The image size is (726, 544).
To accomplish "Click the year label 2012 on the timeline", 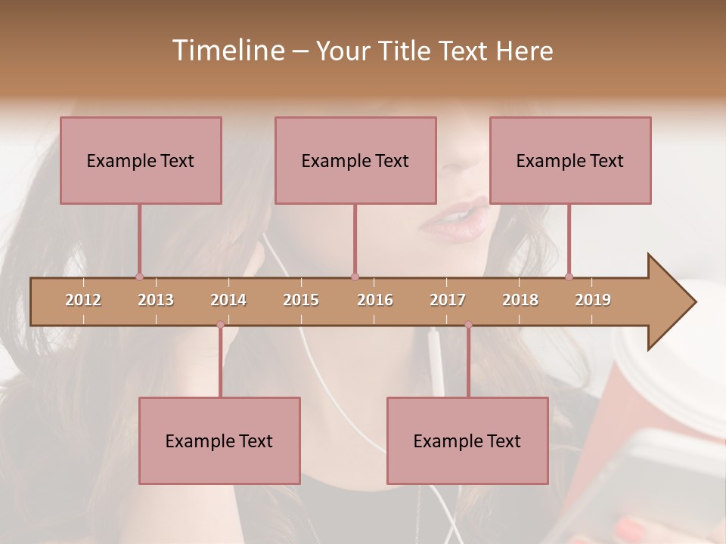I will point(83,300).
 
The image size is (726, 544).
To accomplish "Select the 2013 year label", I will point(156,300).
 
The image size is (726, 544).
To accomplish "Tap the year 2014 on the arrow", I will point(228,300).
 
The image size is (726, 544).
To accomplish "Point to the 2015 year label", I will point(301,300).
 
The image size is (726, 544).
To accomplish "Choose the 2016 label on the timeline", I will point(375,300).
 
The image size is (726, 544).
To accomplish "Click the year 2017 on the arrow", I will point(448,300).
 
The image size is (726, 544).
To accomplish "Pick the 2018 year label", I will point(520,300).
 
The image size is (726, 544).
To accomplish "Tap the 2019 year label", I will point(593,300).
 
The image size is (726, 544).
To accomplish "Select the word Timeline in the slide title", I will point(227,51).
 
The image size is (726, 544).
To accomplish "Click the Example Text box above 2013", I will point(141,160).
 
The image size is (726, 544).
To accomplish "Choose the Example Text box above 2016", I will point(355,160).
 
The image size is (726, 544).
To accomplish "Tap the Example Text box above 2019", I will point(570,160).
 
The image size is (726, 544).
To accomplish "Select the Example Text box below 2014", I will point(219,440).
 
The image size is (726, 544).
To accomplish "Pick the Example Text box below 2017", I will point(467,440).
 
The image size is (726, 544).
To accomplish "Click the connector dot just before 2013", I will point(139,277).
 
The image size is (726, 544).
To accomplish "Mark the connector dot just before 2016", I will point(355,277).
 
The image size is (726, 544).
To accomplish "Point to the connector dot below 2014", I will point(220,325).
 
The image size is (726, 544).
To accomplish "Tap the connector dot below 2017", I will point(468,325).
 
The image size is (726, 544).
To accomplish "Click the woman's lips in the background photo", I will point(455,218).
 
